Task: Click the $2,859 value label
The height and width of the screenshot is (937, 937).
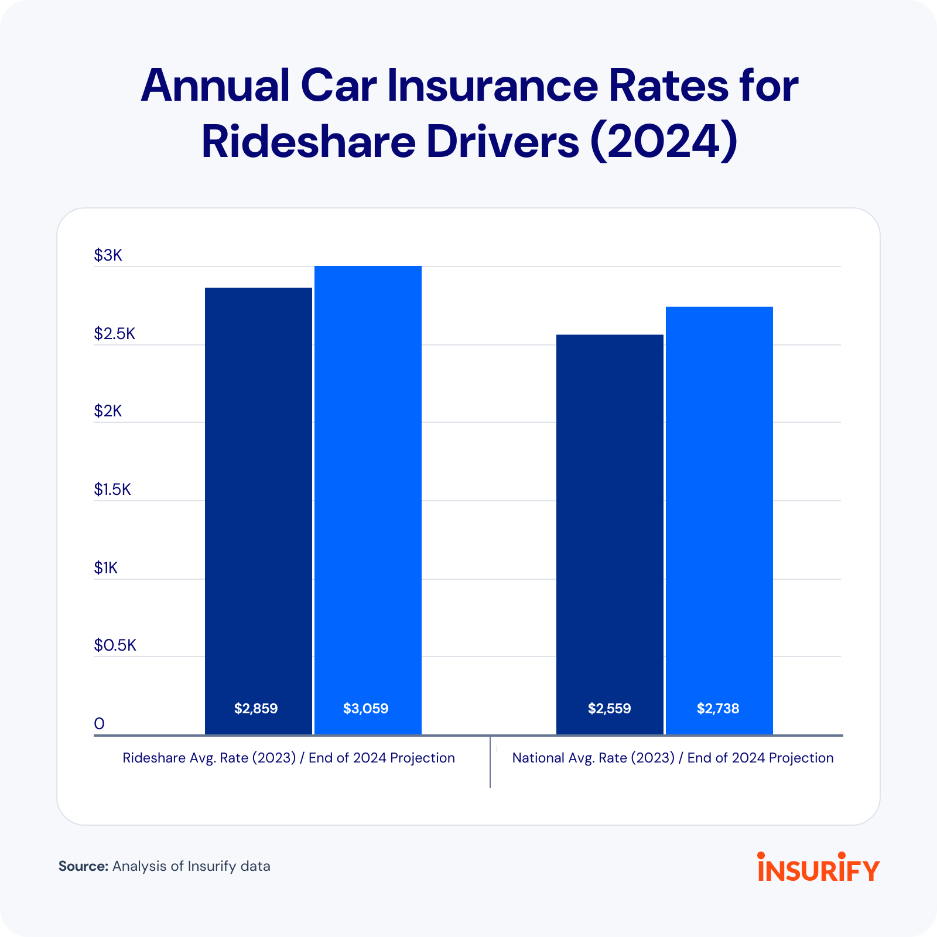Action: (x=256, y=709)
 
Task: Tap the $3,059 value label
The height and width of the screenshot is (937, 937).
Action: (x=366, y=709)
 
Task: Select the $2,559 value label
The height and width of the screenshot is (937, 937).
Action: (x=609, y=709)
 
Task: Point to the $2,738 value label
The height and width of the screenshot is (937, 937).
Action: (x=718, y=709)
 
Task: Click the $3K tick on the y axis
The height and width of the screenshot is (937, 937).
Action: (x=108, y=255)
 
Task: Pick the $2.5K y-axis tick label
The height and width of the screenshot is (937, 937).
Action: (x=114, y=334)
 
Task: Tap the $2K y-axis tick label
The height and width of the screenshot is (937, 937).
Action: (x=108, y=411)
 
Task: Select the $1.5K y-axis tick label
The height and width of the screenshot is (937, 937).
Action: (x=112, y=490)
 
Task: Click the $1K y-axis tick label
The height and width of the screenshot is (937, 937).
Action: (x=106, y=568)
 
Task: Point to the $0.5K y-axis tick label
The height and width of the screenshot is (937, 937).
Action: (x=115, y=645)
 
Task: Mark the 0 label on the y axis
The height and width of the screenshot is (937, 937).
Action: (x=99, y=724)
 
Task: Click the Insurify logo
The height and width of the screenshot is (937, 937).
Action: (x=818, y=868)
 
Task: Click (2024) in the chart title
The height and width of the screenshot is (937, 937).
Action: (x=663, y=142)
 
